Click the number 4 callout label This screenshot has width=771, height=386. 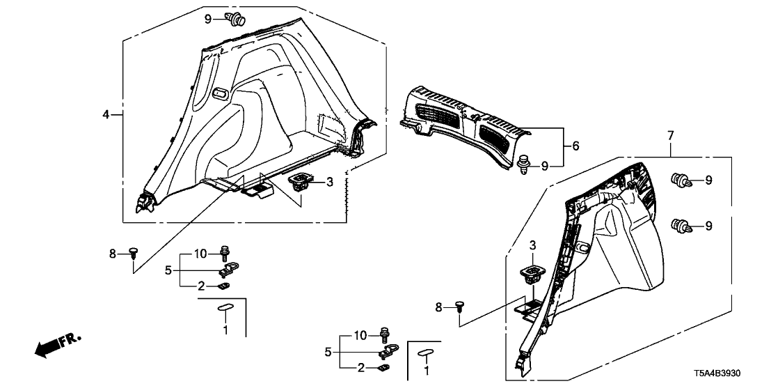[x=105, y=114]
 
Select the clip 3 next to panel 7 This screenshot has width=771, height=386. [x=533, y=272]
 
